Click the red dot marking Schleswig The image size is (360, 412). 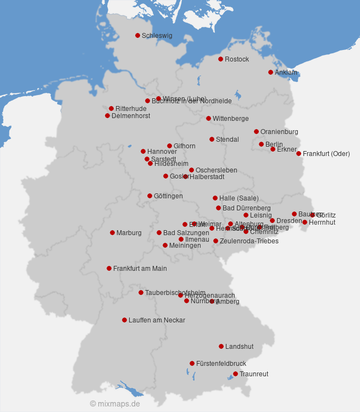(x=137, y=36)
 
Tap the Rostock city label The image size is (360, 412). (x=237, y=59)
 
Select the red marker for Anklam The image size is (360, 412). (x=270, y=73)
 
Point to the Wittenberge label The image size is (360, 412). (x=230, y=119)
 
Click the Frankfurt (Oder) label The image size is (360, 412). (x=326, y=154)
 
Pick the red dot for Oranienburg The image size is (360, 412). (x=256, y=132)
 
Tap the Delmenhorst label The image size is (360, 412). (x=131, y=116)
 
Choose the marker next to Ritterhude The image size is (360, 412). (x=111, y=109)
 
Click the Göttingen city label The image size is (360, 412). (x=168, y=196)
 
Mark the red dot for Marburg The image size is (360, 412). (x=112, y=233)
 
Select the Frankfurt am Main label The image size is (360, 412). (x=140, y=269)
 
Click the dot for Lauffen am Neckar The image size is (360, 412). (x=124, y=320)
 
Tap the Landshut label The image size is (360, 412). (x=239, y=347)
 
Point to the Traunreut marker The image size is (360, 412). (x=235, y=374)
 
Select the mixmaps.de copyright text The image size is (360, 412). (x=115, y=404)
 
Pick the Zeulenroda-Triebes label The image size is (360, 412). (x=249, y=241)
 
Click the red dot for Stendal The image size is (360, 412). (x=212, y=140)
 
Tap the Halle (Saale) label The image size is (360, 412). (x=239, y=198)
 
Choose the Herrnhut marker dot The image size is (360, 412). (x=304, y=222)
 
